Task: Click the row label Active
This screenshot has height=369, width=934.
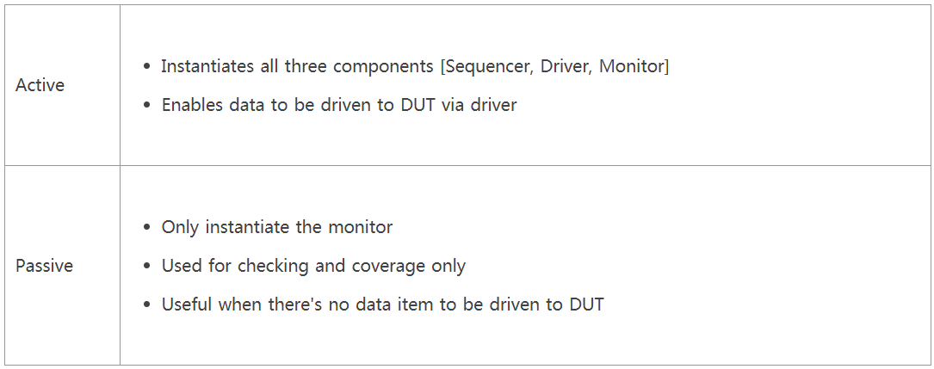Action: tap(40, 85)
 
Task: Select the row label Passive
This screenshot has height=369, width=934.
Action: tap(44, 266)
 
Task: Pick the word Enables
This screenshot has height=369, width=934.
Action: tap(189, 105)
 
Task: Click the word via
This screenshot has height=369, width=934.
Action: tap(454, 105)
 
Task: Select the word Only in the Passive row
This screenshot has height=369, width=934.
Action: tap(178, 228)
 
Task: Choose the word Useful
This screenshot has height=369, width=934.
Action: tap(187, 304)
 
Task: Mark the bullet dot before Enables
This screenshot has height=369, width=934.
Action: tap(148, 106)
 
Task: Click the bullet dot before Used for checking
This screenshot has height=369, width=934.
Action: tap(148, 267)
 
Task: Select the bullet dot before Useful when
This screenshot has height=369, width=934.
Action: tap(148, 305)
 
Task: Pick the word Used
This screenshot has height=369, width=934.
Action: tap(182, 266)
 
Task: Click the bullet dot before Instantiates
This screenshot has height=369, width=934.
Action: tap(148, 67)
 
